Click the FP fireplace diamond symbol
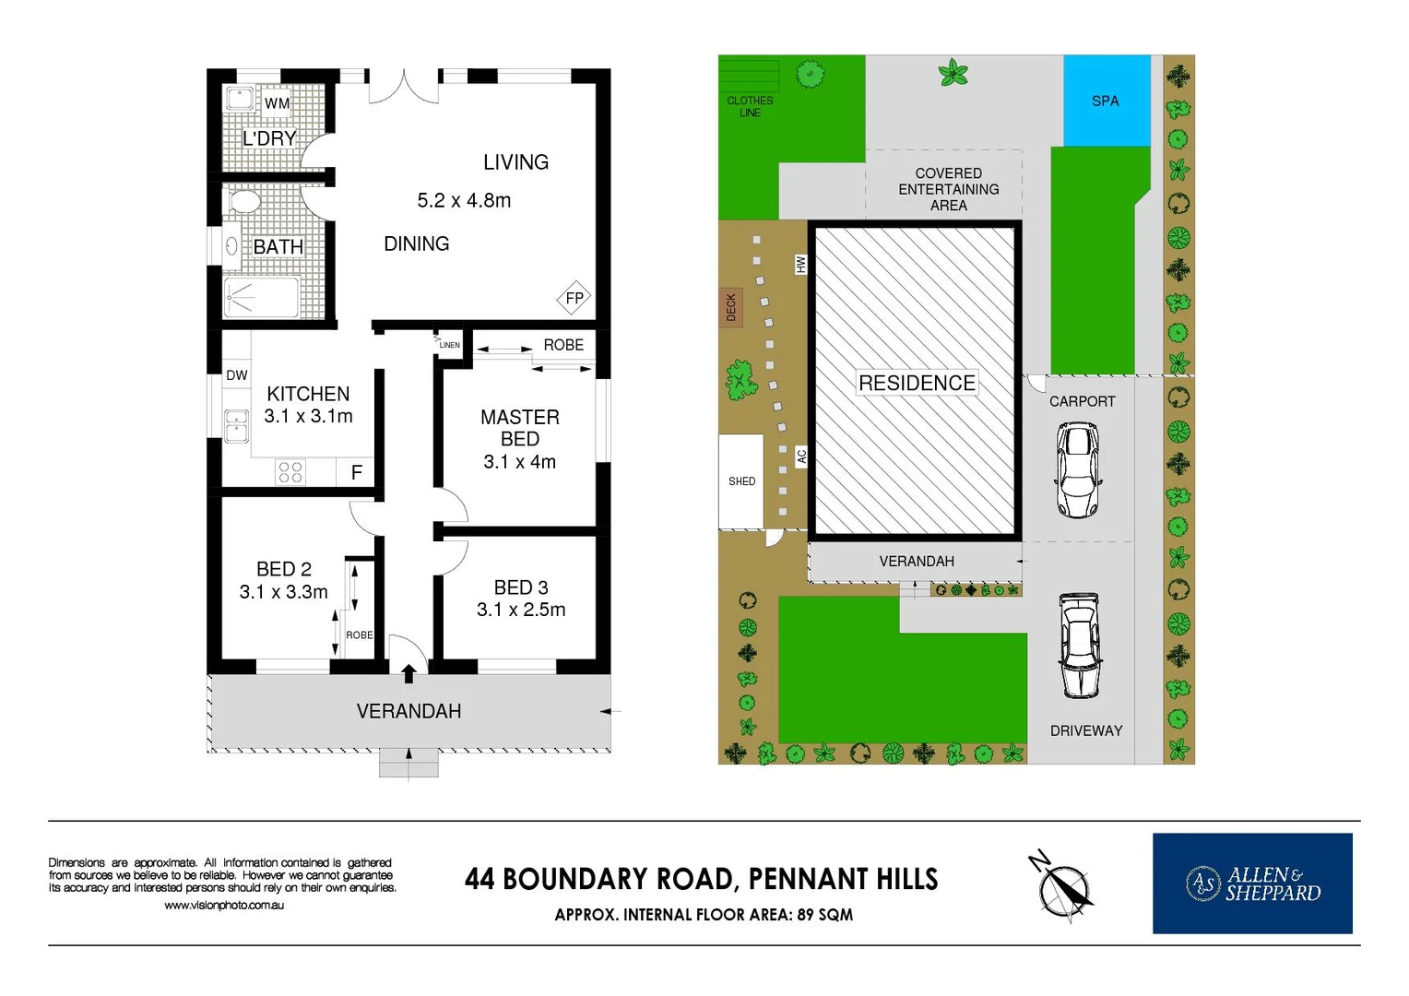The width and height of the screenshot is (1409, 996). pos(574,298)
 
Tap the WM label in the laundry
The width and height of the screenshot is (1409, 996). pos(277,103)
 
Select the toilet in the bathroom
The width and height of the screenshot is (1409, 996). pos(244,201)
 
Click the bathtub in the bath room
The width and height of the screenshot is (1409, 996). pos(262,297)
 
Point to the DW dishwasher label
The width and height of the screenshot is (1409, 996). pos(237,375)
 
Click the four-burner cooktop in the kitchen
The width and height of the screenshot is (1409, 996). pos(290,472)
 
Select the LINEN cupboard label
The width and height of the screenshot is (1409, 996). pos(449,345)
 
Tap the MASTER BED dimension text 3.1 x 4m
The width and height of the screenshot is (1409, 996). pos(519,462)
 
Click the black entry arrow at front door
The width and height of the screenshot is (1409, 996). pos(408,673)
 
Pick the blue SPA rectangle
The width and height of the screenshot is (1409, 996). pos(1106,101)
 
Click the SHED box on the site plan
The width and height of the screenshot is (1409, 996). pos(741,480)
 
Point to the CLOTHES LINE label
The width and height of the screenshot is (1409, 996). pos(750,106)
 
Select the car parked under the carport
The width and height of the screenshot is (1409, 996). pos(1077,470)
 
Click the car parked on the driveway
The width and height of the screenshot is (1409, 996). pos(1078,646)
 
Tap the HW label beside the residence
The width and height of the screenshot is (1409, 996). pos(800,265)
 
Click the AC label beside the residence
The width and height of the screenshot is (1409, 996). pos(800,456)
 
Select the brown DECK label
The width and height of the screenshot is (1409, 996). pos(730,307)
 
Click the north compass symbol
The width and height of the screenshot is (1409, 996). pos(1065,886)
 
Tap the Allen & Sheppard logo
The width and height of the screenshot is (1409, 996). pos(1251,883)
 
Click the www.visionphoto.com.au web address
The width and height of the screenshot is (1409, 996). pos(224,906)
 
